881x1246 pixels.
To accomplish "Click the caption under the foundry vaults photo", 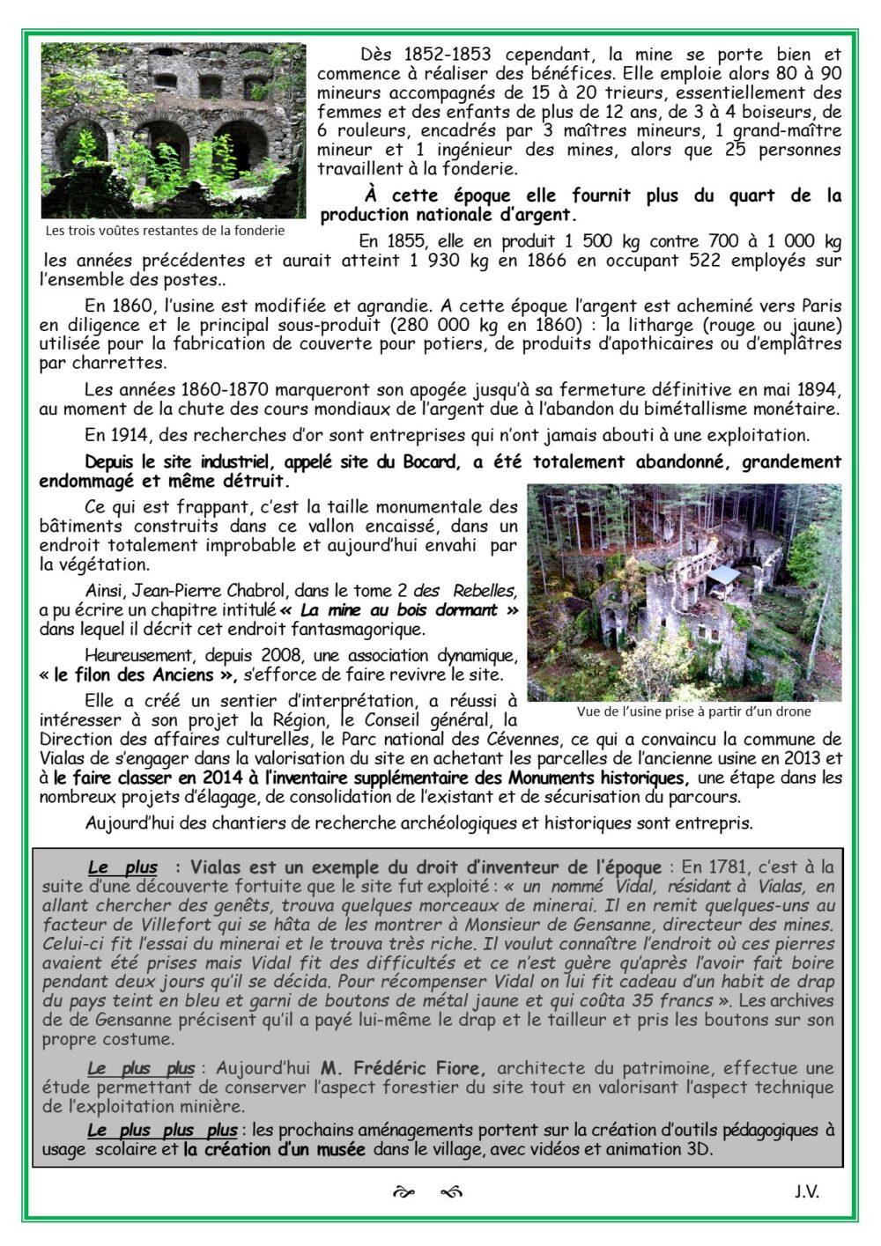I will click(165, 231).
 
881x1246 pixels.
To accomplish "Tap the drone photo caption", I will click(693, 711).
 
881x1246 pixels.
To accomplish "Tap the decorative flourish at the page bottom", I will click(427, 1192).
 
